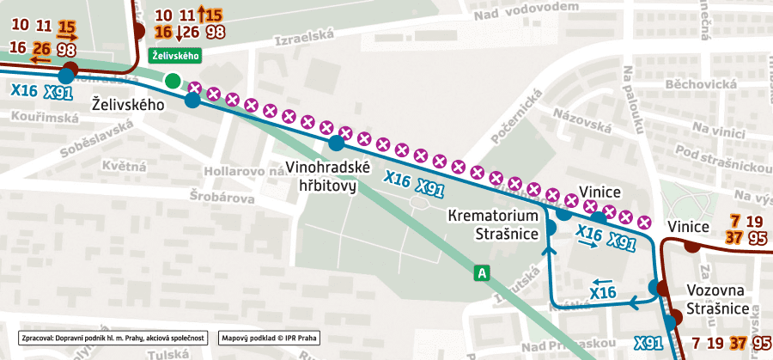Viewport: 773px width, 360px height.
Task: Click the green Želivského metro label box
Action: pos(175,56)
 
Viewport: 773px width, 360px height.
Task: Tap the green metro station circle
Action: pos(173,81)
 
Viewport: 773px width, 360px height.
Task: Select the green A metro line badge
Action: pos(484,273)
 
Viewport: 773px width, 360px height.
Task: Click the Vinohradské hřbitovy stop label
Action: pos(327,174)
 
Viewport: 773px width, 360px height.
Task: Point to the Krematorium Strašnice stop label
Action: pos(493,223)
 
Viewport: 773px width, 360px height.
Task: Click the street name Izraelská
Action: pos(301,40)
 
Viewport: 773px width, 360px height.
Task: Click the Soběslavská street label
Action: pos(94,137)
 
